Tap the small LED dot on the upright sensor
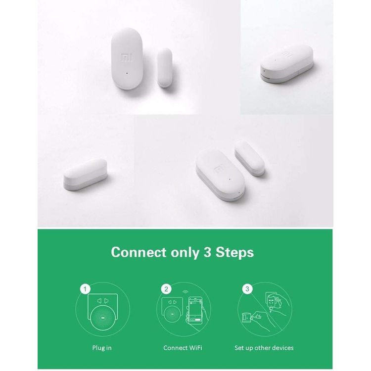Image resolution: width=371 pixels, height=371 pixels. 128,74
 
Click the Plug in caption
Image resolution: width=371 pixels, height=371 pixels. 102,348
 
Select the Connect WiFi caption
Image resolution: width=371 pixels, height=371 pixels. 182,348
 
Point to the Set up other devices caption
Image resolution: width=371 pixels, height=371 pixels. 264,348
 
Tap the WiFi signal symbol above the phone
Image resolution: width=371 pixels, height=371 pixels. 185,292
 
